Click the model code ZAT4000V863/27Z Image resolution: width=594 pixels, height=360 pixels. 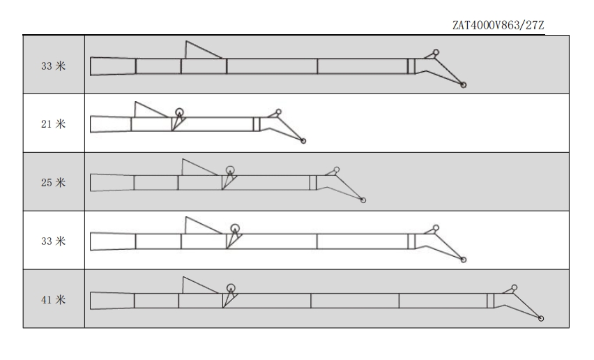(498, 25)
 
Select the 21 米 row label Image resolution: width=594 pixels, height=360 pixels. (54, 124)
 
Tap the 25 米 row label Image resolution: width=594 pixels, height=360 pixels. (54, 183)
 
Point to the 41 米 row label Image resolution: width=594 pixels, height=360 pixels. (54, 300)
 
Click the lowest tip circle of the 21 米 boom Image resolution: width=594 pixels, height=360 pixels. (303, 141)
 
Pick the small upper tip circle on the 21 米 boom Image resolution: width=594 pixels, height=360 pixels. (278, 112)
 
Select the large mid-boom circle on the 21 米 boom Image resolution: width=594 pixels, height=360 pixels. (180, 112)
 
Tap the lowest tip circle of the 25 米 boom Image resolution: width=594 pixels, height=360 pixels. (363, 200)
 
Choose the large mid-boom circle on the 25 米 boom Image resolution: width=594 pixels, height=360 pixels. (230, 170)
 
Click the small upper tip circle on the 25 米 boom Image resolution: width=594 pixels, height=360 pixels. (337, 170)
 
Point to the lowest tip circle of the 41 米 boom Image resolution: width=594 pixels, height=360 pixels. (541, 319)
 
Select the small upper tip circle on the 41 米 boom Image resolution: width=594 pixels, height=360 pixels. (515, 287)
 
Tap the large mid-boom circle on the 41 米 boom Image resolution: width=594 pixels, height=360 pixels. (231, 288)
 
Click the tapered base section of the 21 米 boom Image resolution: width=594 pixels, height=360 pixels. (111, 124)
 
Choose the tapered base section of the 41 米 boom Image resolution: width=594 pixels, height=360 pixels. (112, 301)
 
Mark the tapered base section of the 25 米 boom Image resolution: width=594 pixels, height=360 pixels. (112, 183)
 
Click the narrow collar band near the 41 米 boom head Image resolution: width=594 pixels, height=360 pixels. (491, 301)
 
